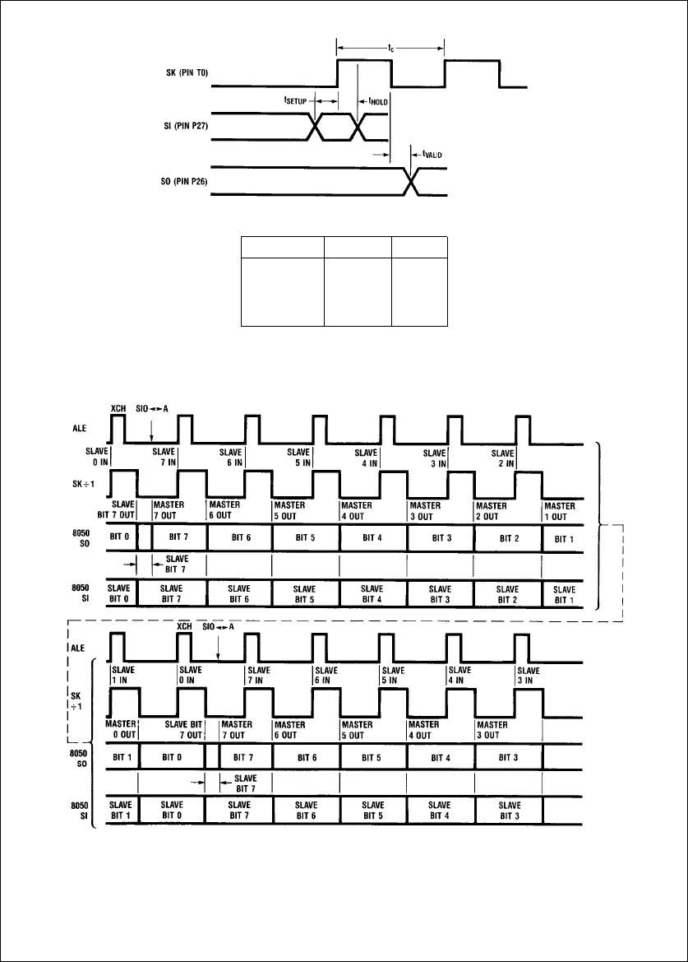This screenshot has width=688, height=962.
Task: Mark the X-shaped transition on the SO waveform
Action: (413, 181)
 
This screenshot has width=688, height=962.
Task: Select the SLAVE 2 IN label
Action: (501, 458)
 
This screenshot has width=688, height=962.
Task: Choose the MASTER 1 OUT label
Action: (561, 510)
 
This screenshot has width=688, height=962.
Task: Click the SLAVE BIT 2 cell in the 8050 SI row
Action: (507, 593)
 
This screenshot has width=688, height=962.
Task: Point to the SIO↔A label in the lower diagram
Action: (219, 625)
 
